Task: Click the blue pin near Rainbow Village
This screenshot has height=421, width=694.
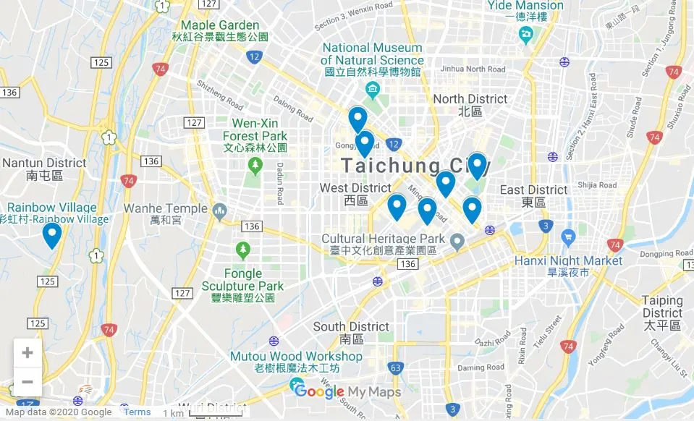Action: point(51,234)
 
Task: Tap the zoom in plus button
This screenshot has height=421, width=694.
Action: point(27,353)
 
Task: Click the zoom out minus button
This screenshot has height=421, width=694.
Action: point(27,381)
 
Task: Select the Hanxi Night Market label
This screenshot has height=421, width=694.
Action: point(568,260)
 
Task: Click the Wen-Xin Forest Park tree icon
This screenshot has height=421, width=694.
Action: point(255,166)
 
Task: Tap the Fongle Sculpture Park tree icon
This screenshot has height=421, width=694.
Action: point(243,250)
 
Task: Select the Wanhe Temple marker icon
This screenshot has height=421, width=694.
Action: point(220,210)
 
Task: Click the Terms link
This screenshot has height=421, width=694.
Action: point(137,412)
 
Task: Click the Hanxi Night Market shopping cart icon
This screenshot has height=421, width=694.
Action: point(568,236)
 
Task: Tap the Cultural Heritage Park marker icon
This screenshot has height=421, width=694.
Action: point(457,240)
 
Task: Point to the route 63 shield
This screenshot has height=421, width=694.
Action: point(395,368)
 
